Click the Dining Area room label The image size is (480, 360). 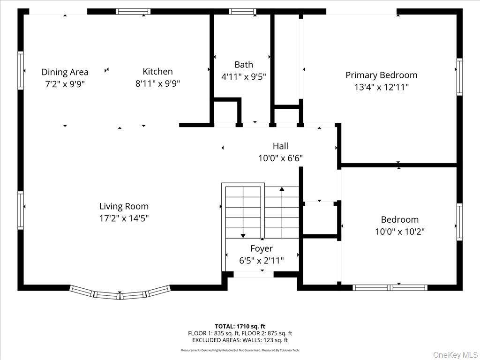(x=65, y=72)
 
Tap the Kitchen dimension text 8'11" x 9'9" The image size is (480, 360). (x=157, y=83)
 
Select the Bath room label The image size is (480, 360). (x=243, y=65)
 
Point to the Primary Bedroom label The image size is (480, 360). (x=381, y=75)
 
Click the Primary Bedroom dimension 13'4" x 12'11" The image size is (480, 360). (x=381, y=87)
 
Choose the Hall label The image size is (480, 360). (x=280, y=146)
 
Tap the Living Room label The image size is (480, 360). (x=124, y=206)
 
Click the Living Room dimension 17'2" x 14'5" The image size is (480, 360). (x=124, y=218)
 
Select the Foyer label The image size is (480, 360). (x=261, y=248)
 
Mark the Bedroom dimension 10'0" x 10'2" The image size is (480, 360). (x=399, y=232)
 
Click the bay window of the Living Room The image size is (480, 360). (x=120, y=294)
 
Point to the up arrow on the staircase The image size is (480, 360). (x=282, y=189)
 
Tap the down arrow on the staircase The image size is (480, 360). (x=243, y=235)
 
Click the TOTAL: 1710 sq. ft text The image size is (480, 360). (x=240, y=326)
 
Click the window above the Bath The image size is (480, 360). (x=242, y=12)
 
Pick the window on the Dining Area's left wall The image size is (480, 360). (x=21, y=70)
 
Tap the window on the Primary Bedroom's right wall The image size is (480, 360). (x=459, y=77)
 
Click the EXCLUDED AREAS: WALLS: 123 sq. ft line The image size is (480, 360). (x=240, y=340)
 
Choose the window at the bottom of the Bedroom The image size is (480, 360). (x=390, y=287)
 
